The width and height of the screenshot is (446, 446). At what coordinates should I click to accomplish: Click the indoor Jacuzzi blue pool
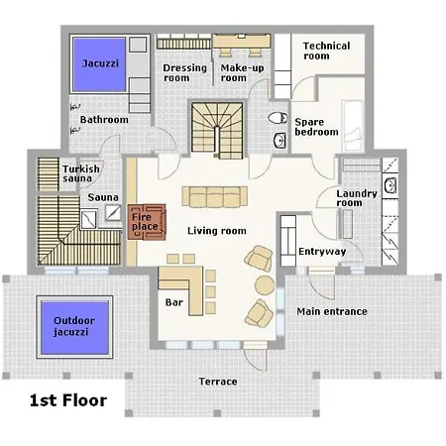click(x=99, y=64)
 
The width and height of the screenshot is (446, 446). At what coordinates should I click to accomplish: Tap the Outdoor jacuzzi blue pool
click(x=74, y=327)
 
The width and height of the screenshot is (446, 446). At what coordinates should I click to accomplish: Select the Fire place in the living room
click(x=147, y=222)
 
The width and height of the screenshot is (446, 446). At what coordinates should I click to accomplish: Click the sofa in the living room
click(x=215, y=197)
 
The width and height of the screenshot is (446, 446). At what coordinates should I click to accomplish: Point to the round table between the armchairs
click(x=265, y=285)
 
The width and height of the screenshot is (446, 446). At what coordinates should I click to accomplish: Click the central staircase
click(x=217, y=131)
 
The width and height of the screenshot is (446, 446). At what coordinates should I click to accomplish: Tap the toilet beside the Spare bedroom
click(x=278, y=118)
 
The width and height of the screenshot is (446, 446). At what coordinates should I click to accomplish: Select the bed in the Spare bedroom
click(x=353, y=126)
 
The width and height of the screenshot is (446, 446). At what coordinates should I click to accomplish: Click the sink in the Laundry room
click(x=390, y=185)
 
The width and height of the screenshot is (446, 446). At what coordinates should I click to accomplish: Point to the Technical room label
click(x=326, y=51)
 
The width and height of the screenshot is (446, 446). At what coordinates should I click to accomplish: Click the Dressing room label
click(x=185, y=72)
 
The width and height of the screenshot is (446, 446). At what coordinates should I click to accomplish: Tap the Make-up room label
click(x=242, y=72)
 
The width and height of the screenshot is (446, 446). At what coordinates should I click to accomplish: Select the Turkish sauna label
click(x=81, y=173)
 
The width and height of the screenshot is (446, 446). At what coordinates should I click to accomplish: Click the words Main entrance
click(x=332, y=311)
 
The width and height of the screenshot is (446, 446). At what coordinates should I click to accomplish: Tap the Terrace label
click(x=218, y=382)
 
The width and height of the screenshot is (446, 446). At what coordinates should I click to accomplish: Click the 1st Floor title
click(x=68, y=400)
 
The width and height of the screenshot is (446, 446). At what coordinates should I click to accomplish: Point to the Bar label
click(x=174, y=302)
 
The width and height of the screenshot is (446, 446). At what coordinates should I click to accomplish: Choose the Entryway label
click(x=322, y=252)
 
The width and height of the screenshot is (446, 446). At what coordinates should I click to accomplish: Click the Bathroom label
click(x=104, y=119)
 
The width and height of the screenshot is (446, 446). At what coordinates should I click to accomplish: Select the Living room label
click(x=217, y=231)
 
